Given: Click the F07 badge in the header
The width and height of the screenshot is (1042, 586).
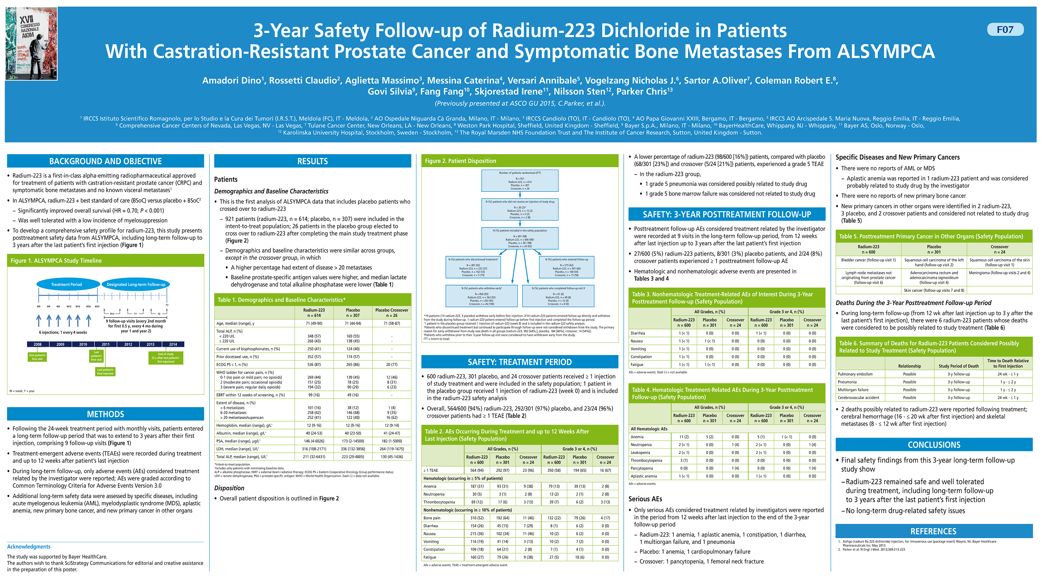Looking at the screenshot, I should click(x=1005, y=30).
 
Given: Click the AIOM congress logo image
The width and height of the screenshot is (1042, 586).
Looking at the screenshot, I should click(x=31, y=44).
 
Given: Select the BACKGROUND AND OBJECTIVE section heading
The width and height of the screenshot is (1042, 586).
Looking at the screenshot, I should click(x=105, y=161).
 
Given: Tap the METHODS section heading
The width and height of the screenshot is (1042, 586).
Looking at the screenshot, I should click(x=105, y=414).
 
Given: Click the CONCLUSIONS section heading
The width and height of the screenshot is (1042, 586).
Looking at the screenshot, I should click(x=934, y=445).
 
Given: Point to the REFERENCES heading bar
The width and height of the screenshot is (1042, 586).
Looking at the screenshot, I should click(x=934, y=531).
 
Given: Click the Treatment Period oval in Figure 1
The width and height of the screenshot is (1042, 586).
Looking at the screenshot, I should click(x=67, y=285).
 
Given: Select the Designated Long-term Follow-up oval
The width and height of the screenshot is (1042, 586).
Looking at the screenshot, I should click(x=136, y=285).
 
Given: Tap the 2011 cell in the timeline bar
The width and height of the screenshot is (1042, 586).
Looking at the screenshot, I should click(x=105, y=345).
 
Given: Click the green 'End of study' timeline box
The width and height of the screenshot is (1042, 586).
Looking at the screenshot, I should click(x=166, y=358).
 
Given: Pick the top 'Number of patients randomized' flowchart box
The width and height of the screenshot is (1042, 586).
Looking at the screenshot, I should click(x=520, y=181).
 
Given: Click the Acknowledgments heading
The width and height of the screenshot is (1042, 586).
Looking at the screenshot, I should click(x=29, y=547).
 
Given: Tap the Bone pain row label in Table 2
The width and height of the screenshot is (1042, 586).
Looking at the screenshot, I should click(x=432, y=518).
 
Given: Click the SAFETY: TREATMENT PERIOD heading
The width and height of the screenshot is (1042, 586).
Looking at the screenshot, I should click(x=520, y=362).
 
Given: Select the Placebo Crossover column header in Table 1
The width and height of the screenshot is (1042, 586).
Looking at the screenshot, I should click(x=392, y=313).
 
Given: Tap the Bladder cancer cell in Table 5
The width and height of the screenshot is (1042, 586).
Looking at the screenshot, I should click(x=868, y=260).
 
